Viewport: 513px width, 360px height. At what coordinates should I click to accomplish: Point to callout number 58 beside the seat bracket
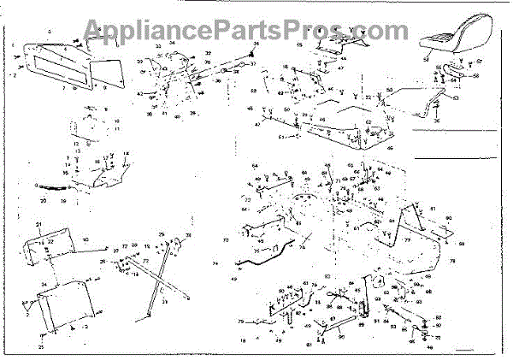pyautogui.click(x=478, y=75)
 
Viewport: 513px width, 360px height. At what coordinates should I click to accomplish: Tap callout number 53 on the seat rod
pyautogui.click(x=456, y=98)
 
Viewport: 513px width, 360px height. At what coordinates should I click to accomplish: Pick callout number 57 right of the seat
pyautogui.click(x=480, y=61)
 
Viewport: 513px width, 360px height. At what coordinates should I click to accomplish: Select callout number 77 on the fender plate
pyautogui.click(x=408, y=241)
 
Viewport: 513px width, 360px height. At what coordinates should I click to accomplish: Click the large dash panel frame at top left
pyautogui.click(x=60, y=64)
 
